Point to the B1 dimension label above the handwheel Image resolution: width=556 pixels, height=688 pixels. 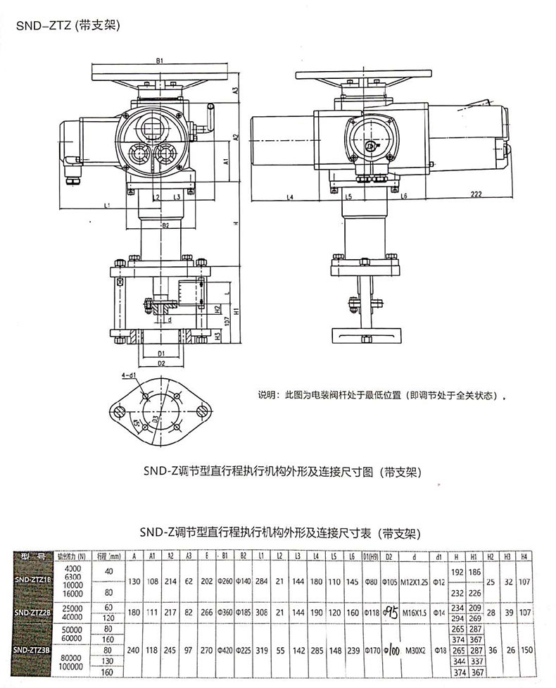[160, 61]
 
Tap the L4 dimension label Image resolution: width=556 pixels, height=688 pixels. [290, 197]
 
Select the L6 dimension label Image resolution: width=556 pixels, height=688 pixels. [405, 197]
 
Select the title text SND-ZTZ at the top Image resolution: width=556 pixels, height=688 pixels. [68, 26]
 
